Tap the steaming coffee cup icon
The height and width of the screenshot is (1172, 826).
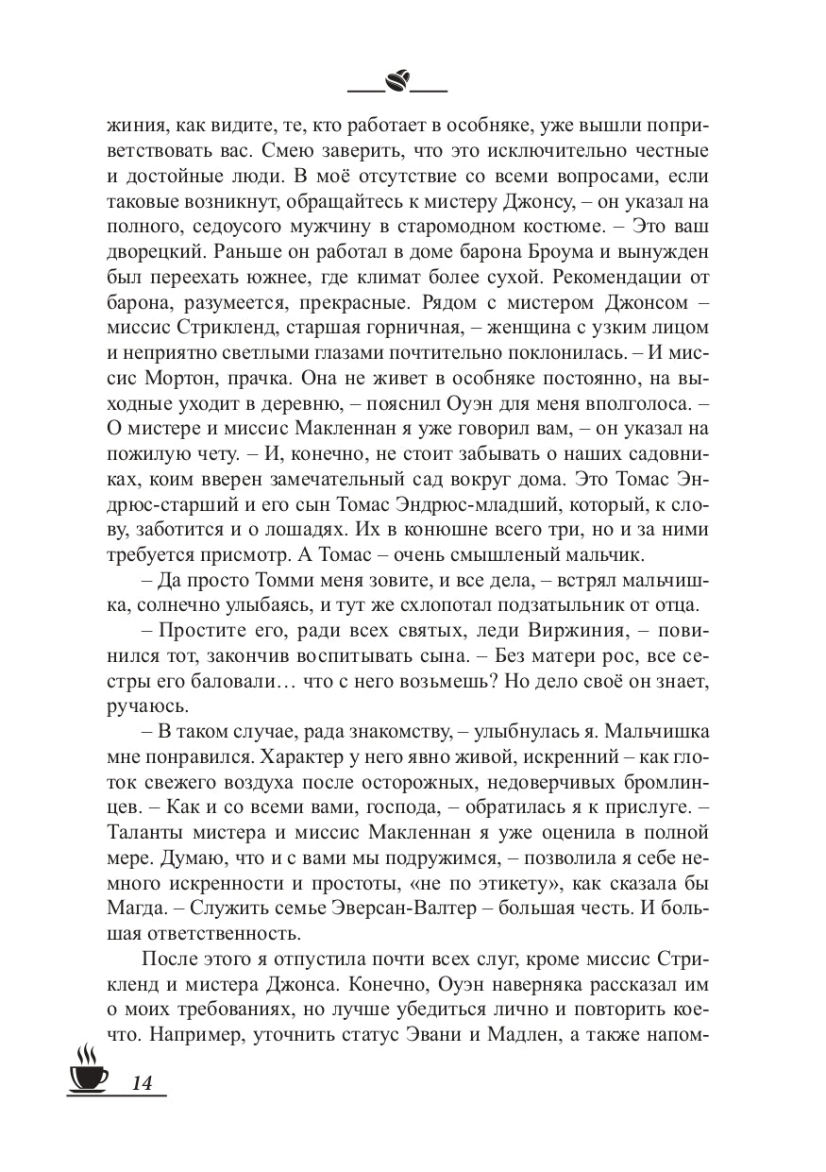point(87,1070)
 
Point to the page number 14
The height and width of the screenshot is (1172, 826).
point(143,1082)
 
